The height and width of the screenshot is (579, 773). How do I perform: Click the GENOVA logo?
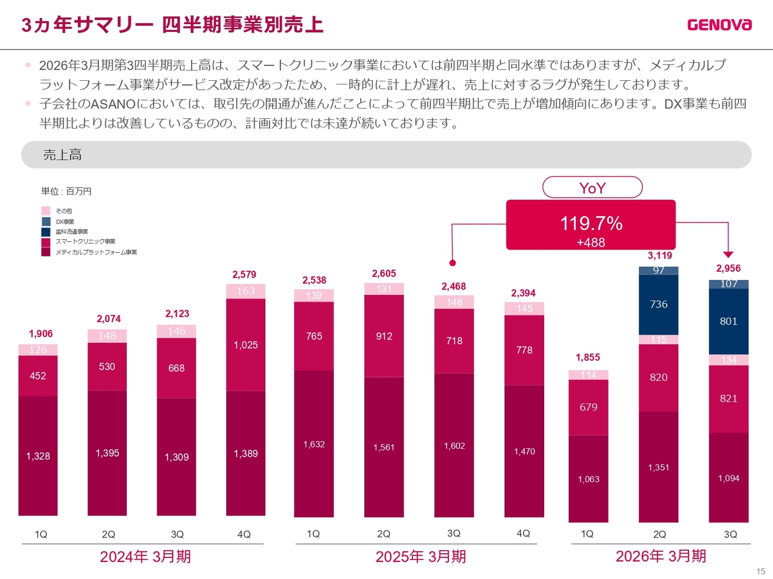pos(719,25)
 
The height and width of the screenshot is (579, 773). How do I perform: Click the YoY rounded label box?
pos(592,188)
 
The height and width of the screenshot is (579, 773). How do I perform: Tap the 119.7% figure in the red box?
pos(591,224)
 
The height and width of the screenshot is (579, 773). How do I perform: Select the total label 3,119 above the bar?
pos(659,256)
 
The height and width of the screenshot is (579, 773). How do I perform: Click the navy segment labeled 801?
pos(728,321)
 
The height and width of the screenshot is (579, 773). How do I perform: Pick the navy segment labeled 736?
pos(658,305)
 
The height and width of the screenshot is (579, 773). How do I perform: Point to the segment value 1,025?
pos(246,345)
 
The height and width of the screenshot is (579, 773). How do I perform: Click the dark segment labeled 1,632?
pos(314,444)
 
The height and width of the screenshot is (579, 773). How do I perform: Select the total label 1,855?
pos(588,358)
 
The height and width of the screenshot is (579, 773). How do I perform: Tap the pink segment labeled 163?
pos(246,291)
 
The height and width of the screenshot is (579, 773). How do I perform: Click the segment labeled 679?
pos(588,407)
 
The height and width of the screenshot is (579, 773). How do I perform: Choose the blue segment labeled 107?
pos(728,284)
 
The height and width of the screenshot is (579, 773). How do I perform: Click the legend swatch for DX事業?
pos(46,221)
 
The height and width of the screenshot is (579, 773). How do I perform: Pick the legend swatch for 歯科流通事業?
pos(46,232)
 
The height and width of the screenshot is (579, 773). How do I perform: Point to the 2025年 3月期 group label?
pos(420,557)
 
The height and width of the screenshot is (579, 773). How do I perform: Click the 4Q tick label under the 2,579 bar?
pos(244,534)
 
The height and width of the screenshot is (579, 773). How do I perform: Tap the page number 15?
pos(760,571)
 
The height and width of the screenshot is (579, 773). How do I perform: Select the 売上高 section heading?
pos(62,155)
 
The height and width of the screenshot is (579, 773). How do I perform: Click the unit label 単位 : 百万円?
pos(66,191)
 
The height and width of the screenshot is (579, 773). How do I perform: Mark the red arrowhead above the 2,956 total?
pos(728,255)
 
